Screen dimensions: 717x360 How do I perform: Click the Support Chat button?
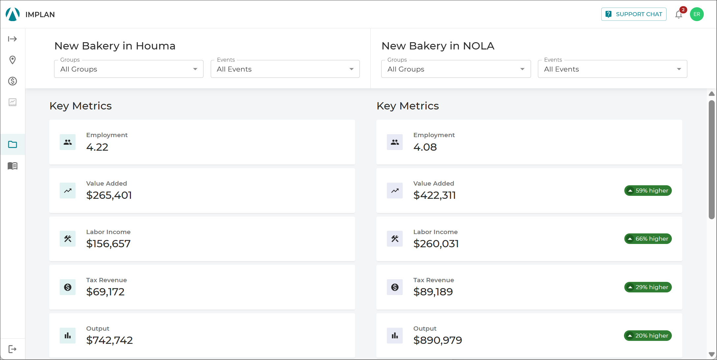point(634,14)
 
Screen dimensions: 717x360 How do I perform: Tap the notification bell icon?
point(678,15)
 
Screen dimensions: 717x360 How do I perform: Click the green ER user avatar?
point(697,14)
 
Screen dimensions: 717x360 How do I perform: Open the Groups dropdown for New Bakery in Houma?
point(129,69)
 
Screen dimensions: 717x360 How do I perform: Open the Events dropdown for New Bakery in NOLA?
point(612,69)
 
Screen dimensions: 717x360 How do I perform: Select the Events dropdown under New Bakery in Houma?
point(285,69)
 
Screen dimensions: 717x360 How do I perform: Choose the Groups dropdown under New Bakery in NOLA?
point(456,69)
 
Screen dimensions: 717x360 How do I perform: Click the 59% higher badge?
point(648,191)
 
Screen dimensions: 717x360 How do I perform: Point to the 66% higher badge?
point(648,239)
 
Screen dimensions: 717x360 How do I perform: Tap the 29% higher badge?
point(648,287)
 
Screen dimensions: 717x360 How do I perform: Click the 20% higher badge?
point(648,336)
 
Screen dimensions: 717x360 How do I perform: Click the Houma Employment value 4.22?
point(97,147)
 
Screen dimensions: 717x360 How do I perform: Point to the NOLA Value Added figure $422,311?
point(434,195)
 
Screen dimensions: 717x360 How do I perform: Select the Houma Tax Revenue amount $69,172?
point(105,292)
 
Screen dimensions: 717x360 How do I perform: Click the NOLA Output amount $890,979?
point(438,340)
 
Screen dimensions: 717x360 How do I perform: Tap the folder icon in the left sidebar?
point(13,144)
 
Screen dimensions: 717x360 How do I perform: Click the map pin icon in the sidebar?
point(13,60)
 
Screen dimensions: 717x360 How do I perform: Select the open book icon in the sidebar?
point(13,166)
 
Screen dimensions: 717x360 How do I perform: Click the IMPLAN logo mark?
point(13,14)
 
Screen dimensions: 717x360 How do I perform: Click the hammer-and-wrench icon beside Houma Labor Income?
point(68,239)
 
